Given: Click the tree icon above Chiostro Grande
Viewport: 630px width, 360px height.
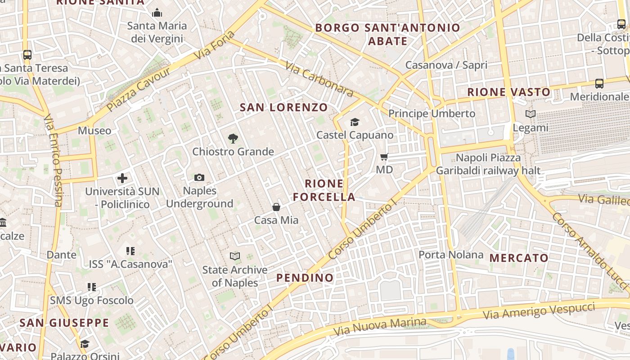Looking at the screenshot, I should tap(233, 139).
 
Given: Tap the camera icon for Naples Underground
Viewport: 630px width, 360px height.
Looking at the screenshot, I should tap(199, 178).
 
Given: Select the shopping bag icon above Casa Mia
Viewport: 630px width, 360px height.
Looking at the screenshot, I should tap(276, 207).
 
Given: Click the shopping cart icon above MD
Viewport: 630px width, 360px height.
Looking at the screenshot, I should tap(384, 157).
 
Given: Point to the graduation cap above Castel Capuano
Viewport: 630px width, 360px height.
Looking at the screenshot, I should tap(355, 122).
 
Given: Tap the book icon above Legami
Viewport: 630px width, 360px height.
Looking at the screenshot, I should tap(531, 114).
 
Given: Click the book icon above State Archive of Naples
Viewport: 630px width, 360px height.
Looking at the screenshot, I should tap(235, 256).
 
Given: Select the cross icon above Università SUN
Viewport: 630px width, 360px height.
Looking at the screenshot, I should tap(122, 178).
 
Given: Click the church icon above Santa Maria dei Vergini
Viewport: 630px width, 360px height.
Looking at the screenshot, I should tap(157, 13).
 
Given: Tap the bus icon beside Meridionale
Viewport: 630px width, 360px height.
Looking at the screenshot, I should tap(599, 84).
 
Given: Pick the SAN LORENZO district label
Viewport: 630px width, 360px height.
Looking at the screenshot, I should tap(283, 108).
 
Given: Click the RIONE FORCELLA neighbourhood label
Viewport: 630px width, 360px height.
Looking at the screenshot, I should tap(324, 190).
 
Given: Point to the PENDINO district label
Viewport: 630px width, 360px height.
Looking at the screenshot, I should tap(305, 278).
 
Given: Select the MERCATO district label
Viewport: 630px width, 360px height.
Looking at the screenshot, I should tap(519, 258).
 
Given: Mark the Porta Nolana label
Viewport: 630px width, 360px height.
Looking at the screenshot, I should tap(451, 255).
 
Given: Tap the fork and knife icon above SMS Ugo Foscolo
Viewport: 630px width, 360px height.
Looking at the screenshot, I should tap(92, 287).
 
